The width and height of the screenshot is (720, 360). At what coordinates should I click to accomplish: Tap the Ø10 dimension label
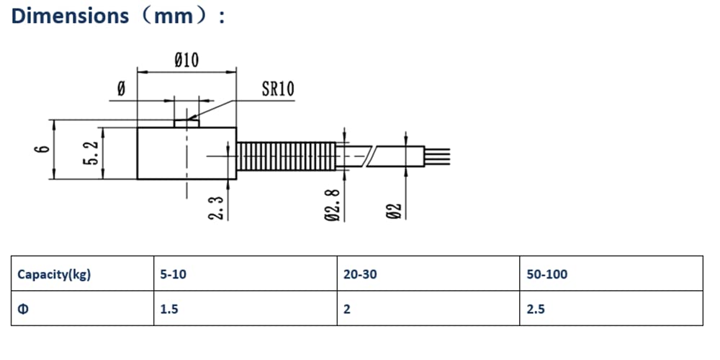click(187, 60)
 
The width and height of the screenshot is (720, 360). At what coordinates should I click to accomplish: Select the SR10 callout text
click(278, 89)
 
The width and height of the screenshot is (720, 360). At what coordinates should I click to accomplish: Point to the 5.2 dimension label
click(92, 153)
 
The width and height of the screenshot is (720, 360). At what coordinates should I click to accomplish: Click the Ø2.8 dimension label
click(333, 204)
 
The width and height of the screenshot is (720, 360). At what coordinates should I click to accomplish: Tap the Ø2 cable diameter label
click(394, 210)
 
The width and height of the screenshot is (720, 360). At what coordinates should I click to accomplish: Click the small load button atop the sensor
click(186, 123)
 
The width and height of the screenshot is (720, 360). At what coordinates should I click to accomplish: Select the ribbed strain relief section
click(286, 156)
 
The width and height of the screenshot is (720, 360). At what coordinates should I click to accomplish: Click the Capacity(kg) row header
click(54, 274)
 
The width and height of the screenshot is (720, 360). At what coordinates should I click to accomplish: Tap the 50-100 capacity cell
click(547, 274)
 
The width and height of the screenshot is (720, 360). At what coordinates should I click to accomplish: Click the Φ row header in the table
click(22, 309)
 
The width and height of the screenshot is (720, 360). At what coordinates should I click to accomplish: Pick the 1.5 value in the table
click(168, 309)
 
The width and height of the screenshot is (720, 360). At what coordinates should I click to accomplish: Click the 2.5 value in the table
click(536, 309)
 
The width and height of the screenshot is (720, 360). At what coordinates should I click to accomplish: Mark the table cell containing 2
click(428, 308)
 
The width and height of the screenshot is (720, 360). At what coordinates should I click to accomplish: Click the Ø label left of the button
click(121, 89)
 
